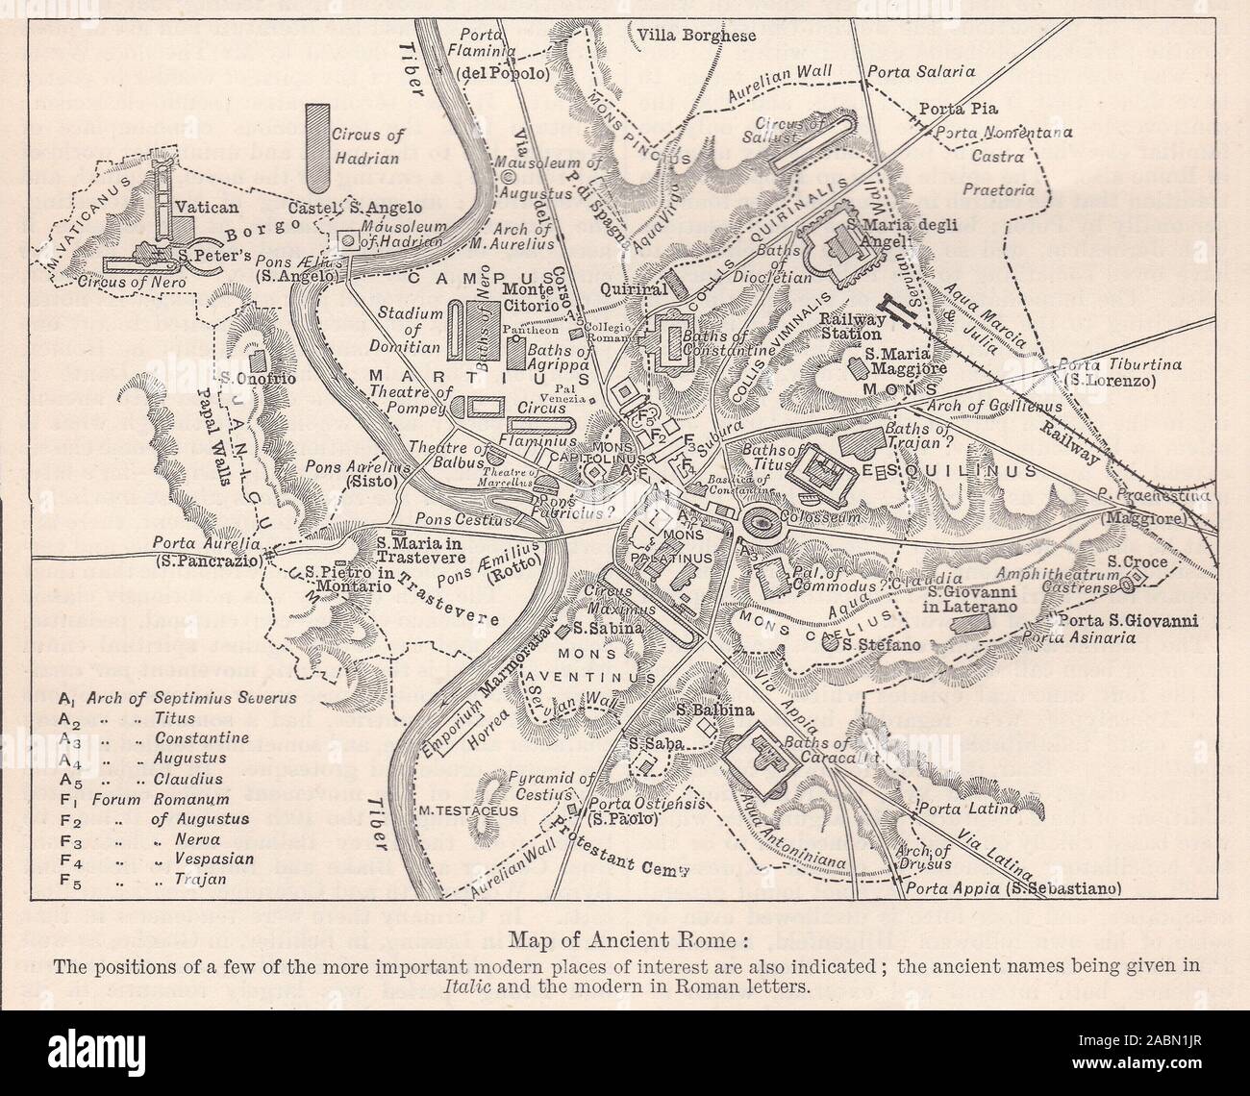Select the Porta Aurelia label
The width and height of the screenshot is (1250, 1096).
click(207, 551)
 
